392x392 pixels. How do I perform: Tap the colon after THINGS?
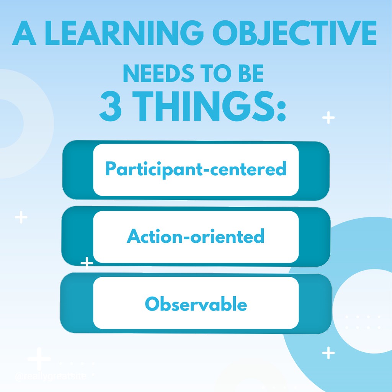point(281,109)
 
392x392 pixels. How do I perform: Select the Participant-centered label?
point(196,169)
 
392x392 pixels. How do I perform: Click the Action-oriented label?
point(196,236)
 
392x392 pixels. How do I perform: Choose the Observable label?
point(196,304)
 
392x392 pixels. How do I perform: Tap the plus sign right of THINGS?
point(328,118)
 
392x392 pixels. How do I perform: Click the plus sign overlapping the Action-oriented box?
point(87,263)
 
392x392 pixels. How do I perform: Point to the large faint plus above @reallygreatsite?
point(39,359)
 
